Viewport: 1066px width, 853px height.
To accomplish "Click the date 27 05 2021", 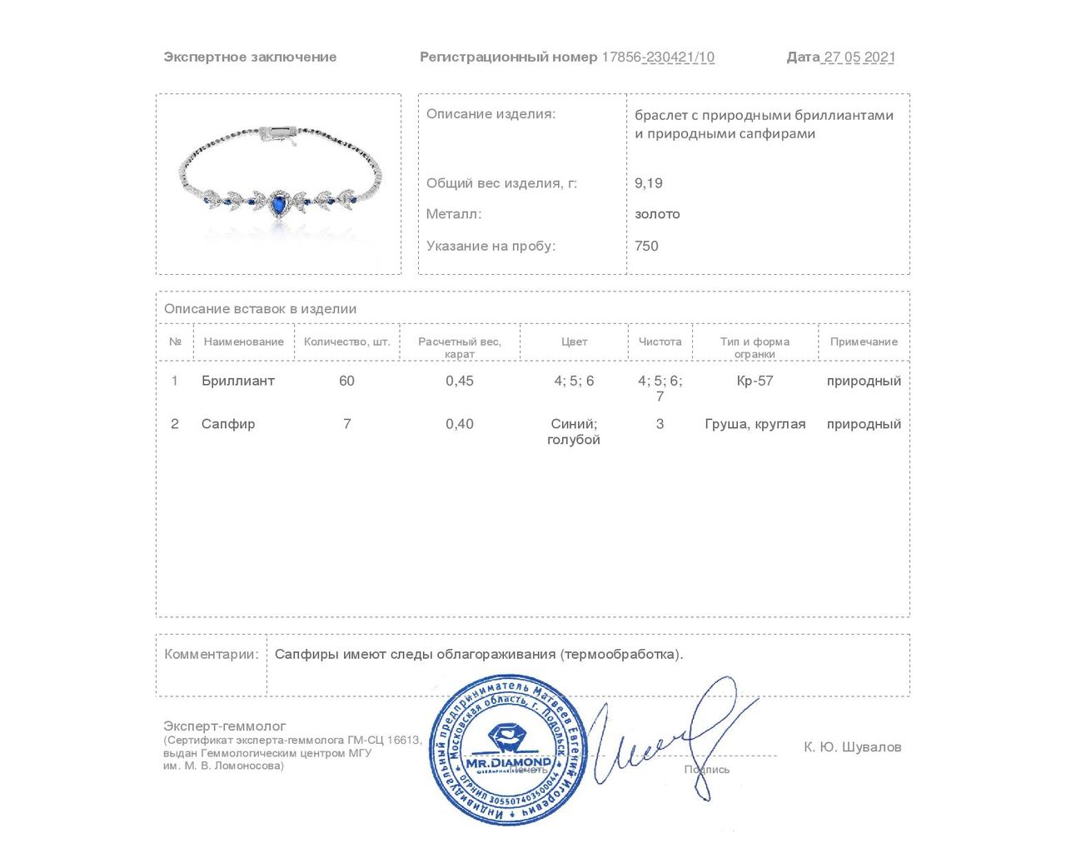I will click(859, 57).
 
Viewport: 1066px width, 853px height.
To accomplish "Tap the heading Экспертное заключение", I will click(250, 57).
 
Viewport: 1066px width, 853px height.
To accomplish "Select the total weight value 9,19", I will click(649, 183).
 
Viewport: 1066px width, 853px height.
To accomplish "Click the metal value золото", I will click(657, 214).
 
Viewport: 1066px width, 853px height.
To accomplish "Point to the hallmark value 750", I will click(646, 246).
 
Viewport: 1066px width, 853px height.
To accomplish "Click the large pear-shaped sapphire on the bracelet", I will click(277, 202).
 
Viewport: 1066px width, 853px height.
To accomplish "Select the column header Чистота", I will click(660, 342).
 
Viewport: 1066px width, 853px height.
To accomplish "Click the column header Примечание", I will click(864, 342).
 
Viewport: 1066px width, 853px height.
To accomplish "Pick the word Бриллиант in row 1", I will click(238, 381).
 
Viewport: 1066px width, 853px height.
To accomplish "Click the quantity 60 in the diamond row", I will click(346, 381).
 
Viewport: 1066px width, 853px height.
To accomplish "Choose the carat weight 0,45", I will click(460, 381).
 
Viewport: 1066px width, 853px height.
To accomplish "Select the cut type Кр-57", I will click(755, 381).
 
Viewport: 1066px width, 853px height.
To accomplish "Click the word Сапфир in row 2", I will click(228, 424).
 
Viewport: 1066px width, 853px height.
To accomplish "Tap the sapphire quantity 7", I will click(346, 424).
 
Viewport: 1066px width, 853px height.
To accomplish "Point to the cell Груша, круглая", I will click(755, 424).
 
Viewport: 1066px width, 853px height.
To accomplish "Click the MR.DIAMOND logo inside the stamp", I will click(507, 749).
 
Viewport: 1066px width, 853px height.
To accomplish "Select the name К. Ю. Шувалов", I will click(852, 747).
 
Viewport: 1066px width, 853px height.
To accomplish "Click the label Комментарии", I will click(212, 654).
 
